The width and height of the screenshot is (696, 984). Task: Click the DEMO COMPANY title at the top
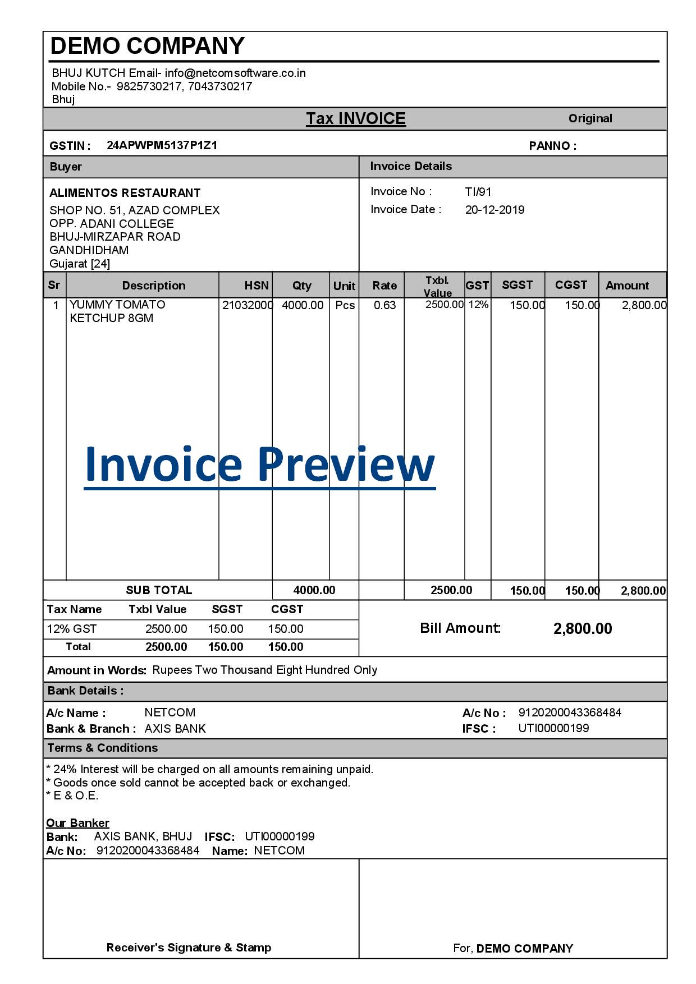(x=148, y=46)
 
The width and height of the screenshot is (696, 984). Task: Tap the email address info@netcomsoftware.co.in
(x=235, y=73)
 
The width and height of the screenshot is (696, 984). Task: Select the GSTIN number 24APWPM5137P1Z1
(x=162, y=145)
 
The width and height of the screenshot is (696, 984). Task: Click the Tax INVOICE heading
(x=356, y=118)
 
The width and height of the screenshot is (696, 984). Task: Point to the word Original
(x=590, y=118)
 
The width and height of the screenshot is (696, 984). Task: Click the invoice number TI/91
(x=478, y=192)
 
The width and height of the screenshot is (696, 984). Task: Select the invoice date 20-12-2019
(x=494, y=210)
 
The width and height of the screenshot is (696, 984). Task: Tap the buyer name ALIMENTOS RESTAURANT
(x=125, y=193)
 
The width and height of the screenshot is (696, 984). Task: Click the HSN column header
(x=257, y=286)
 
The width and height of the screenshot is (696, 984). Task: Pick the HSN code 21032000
(x=247, y=305)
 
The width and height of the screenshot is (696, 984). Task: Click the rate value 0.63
(x=384, y=305)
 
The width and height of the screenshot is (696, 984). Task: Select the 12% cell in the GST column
(x=478, y=305)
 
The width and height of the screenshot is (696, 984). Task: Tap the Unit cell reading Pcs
(x=345, y=305)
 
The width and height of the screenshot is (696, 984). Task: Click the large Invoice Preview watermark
(x=259, y=464)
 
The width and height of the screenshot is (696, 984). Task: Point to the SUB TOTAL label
(x=159, y=590)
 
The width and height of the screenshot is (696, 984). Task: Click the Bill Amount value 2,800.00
(x=583, y=629)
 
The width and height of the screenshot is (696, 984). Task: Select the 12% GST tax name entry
(x=72, y=629)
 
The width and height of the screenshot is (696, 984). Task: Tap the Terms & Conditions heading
(x=103, y=748)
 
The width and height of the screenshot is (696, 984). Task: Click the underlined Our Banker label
(x=77, y=823)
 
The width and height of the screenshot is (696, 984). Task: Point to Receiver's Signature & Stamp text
(x=189, y=948)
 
